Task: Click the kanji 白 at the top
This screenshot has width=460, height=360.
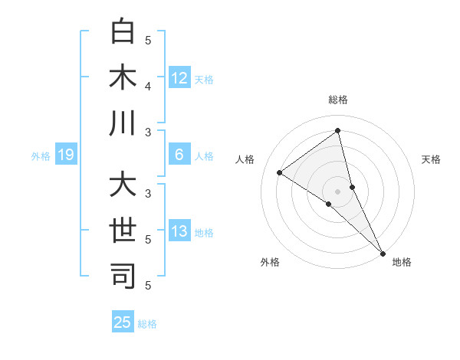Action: click(x=123, y=33)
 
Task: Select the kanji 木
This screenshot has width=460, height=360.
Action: click(x=123, y=78)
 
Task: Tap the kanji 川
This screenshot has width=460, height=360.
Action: click(x=123, y=123)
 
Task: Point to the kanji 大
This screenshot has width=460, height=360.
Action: click(x=123, y=186)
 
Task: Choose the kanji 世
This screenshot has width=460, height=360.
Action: click(x=123, y=231)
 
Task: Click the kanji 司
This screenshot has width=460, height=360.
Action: click(x=123, y=277)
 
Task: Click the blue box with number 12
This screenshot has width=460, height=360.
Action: click(x=179, y=77)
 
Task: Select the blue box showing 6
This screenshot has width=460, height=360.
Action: click(x=179, y=155)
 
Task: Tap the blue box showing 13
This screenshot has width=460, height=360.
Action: click(x=179, y=231)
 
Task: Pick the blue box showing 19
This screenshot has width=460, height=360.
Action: click(x=65, y=155)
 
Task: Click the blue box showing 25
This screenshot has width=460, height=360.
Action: click(x=123, y=322)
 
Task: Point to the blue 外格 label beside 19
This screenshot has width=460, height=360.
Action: click(x=41, y=156)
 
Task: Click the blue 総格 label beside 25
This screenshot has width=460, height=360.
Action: click(x=147, y=324)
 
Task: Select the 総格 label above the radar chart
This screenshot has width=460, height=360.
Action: click(x=338, y=100)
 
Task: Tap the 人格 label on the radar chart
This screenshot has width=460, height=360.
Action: click(x=245, y=159)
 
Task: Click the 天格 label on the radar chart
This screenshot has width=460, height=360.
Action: click(x=432, y=159)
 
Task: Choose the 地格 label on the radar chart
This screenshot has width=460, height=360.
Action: click(x=402, y=262)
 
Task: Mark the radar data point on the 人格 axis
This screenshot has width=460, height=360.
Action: click(x=280, y=172)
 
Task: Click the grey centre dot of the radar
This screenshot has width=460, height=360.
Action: click(x=338, y=191)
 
